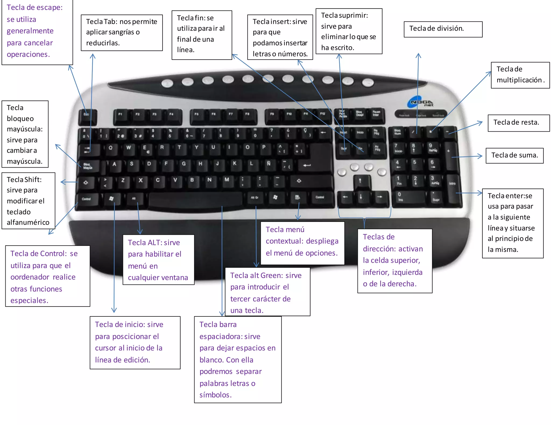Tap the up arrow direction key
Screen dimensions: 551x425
360,182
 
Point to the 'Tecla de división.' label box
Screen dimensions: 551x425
443,29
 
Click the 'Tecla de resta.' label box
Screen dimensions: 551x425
518,123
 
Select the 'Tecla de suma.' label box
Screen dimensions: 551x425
514,155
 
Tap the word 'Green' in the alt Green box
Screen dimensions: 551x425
272,276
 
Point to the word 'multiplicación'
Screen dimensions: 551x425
519,80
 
